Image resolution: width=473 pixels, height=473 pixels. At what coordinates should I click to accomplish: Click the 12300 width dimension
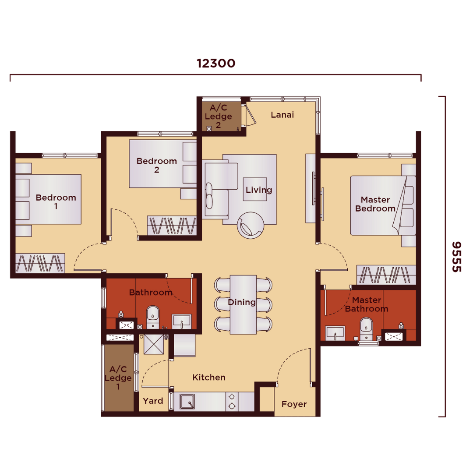[x=215, y=64]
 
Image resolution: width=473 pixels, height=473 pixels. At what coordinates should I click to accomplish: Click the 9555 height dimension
[x=457, y=257]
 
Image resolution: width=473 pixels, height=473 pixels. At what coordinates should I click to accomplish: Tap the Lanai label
[x=282, y=115]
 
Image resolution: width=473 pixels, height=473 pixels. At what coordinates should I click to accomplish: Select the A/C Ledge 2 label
[x=219, y=116]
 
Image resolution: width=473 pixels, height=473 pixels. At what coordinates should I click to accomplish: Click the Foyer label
[x=294, y=404]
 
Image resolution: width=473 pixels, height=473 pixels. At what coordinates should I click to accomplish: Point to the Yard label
[x=153, y=401]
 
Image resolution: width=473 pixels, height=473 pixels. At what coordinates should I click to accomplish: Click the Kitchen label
[x=209, y=378]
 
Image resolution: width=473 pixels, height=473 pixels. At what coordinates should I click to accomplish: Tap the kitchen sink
[x=187, y=402]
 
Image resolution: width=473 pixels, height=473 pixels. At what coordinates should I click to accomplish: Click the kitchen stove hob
[x=232, y=402]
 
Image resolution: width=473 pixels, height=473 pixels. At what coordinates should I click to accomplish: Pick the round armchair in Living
[x=251, y=226]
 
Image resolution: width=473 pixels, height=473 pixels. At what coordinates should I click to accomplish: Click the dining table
[x=243, y=304]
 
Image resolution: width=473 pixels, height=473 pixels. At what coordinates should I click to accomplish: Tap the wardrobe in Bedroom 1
[x=40, y=263]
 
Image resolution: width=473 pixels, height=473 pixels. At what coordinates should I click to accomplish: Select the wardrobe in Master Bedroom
[x=386, y=275]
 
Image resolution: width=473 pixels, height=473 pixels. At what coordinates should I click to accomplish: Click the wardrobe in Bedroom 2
[x=172, y=226]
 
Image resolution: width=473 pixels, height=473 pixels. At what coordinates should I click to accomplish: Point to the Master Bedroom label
[x=375, y=204]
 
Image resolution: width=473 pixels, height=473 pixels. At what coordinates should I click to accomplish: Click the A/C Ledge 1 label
[x=118, y=378]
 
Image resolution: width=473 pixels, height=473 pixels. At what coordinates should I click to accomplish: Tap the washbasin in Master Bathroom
[x=335, y=333]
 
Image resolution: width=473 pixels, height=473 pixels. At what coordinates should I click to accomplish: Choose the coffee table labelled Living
[x=255, y=189]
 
